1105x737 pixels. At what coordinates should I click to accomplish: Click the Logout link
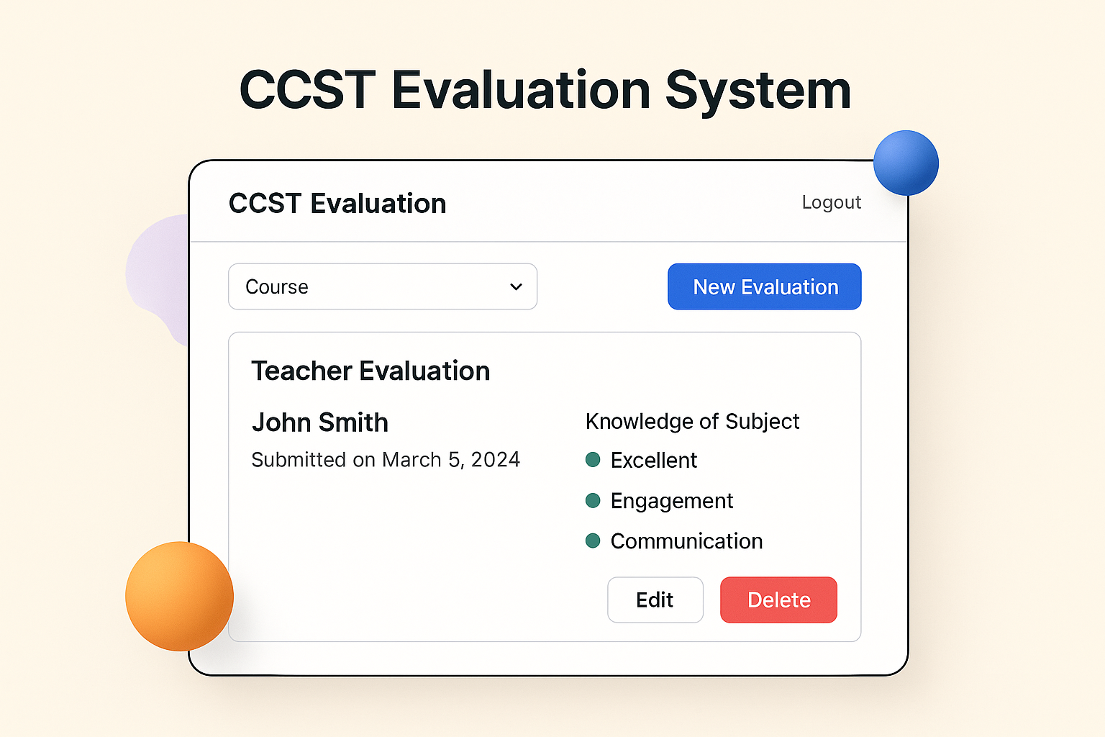[x=831, y=202]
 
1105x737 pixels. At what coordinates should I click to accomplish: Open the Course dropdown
[x=382, y=286]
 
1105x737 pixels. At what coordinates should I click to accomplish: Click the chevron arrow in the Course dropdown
[x=516, y=286]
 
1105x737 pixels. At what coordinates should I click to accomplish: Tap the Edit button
[x=655, y=600]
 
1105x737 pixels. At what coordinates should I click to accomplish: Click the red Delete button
[x=778, y=600]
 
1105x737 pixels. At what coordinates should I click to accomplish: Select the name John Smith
[x=320, y=422]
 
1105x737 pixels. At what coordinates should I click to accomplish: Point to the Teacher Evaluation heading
[x=370, y=371]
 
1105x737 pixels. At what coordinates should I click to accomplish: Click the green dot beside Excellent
[x=593, y=460]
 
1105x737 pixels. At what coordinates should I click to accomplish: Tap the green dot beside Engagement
[x=593, y=500]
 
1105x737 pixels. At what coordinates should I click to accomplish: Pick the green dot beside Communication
[x=593, y=541]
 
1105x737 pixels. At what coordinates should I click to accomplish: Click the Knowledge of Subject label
[x=692, y=421]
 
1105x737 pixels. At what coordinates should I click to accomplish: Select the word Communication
[x=686, y=541]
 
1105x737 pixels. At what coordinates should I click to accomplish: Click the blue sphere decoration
[x=906, y=163]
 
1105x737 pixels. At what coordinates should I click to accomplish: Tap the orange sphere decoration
[x=179, y=596]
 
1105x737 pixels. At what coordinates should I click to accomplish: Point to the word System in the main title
[x=758, y=91]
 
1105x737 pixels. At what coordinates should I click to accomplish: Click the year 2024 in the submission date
[x=495, y=460]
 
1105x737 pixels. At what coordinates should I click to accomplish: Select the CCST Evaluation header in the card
[x=337, y=204]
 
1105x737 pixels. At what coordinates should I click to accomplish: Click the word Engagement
[x=672, y=501]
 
